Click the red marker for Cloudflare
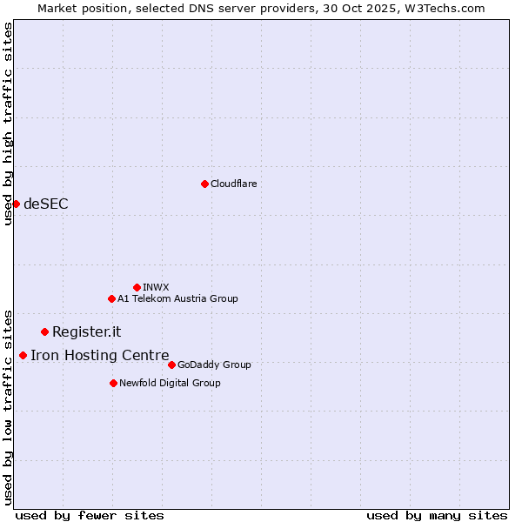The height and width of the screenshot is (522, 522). click(x=204, y=184)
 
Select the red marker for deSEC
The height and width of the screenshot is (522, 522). click(x=16, y=204)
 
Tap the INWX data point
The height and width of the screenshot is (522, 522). click(x=137, y=287)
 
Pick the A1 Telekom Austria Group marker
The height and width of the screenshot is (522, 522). click(x=111, y=298)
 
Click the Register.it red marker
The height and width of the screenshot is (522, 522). click(x=44, y=331)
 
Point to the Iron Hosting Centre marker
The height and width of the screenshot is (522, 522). click(x=23, y=355)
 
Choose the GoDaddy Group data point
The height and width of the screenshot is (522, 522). click(x=171, y=365)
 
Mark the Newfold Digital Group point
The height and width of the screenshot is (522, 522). click(x=113, y=383)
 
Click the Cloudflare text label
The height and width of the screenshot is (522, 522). click(x=233, y=184)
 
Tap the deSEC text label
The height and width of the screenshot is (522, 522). click(x=45, y=204)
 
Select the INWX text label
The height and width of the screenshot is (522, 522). click(x=156, y=287)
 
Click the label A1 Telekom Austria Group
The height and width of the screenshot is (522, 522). click(x=177, y=298)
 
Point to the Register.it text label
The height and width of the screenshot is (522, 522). click(x=86, y=331)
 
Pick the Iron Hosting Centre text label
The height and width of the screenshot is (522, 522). click(x=99, y=355)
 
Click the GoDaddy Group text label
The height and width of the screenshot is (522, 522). click(x=214, y=365)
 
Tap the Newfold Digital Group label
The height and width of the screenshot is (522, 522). click(x=170, y=383)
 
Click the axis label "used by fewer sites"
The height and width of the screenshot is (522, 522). click(x=90, y=515)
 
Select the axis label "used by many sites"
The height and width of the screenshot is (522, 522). click(x=437, y=515)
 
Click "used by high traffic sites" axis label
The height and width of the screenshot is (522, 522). click(x=8, y=124)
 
